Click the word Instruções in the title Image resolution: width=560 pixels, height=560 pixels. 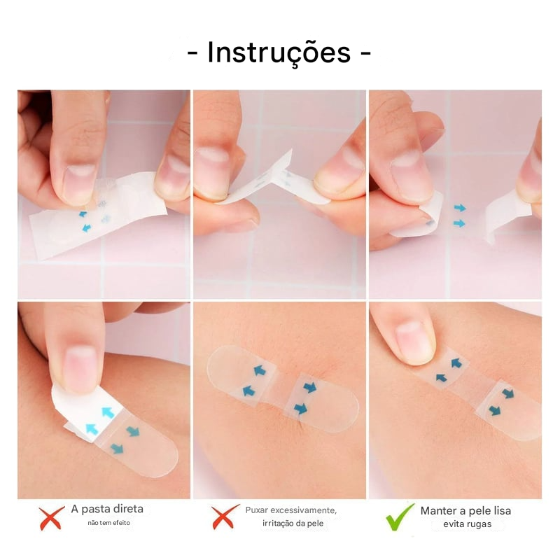point(279,53)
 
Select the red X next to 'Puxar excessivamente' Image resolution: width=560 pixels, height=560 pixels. point(225,517)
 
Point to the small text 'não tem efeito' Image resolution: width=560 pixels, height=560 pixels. point(108,523)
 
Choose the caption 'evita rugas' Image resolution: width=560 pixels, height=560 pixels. point(467,524)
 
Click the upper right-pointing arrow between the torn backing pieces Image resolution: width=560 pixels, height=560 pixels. point(459,208)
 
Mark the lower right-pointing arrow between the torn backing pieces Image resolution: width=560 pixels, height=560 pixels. point(459,223)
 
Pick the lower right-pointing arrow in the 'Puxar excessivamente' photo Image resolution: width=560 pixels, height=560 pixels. point(301,408)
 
